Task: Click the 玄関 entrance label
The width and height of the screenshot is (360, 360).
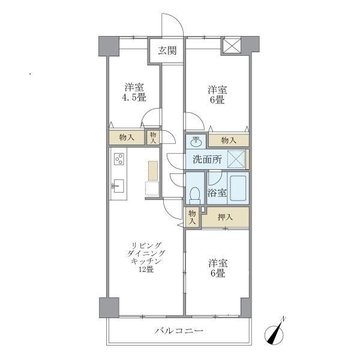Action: [x=167, y=50]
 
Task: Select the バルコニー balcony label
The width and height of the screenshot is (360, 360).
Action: [x=179, y=331]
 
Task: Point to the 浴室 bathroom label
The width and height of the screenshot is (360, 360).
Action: [x=216, y=193]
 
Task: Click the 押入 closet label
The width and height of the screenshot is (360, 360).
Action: [x=225, y=217]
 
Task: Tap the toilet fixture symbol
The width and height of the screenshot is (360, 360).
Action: [x=194, y=193]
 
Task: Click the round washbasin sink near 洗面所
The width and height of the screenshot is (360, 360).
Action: [x=196, y=141]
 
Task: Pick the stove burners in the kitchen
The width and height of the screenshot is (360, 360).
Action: [x=119, y=159]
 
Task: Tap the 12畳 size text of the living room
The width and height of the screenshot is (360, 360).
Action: [x=146, y=269]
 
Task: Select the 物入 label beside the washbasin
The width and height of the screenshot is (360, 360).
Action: [x=228, y=140]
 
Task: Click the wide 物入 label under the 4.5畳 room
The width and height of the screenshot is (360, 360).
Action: [x=127, y=137]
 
